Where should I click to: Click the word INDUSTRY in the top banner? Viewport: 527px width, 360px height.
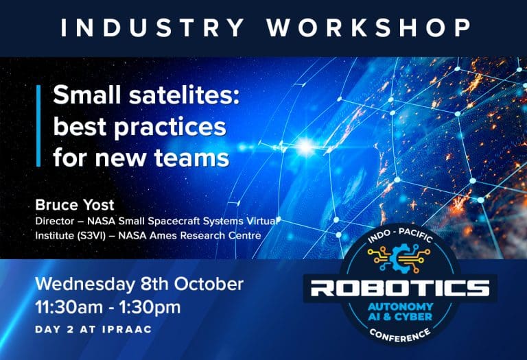[152, 28]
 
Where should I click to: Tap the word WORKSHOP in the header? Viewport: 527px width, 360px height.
[369, 28]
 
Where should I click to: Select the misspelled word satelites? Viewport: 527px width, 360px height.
[185, 95]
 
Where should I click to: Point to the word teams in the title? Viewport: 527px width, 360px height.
[191, 158]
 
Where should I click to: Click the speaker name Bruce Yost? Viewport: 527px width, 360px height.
[75, 205]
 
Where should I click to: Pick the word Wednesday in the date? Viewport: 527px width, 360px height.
[85, 285]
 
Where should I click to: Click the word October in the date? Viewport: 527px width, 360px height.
[209, 284]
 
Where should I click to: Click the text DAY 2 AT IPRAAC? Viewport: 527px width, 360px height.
[93, 329]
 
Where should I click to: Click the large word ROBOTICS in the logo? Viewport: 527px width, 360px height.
[400, 289]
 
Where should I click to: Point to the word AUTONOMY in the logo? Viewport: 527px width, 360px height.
[400, 307]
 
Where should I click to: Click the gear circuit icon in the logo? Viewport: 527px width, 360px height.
[399, 258]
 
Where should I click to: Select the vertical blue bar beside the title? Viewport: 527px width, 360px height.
[38, 125]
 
